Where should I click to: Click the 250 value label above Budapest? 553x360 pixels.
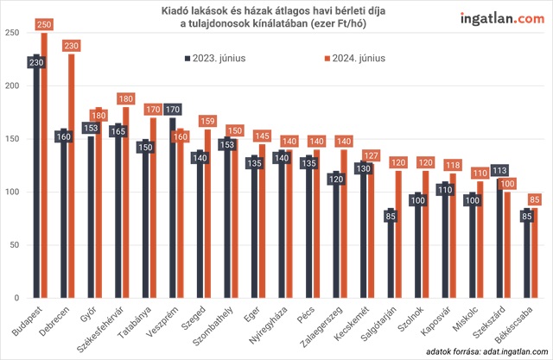click(x=45, y=23)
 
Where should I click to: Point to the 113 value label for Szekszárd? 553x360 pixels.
click(x=499, y=170)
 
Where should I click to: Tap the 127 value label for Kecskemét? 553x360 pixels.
click(x=372, y=155)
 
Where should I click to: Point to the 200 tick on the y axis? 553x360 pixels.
click(x=11, y=85)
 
